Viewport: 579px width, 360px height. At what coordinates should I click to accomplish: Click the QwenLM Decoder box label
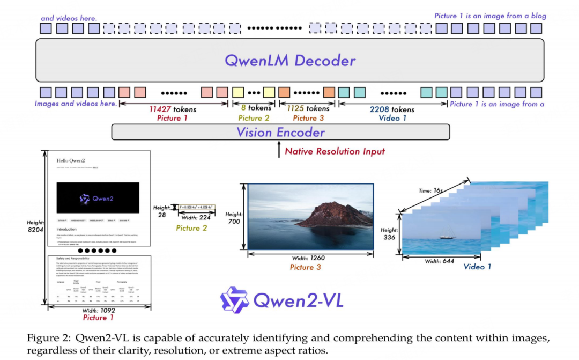[289, 60]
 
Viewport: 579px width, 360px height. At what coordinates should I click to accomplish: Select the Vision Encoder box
[281, 132]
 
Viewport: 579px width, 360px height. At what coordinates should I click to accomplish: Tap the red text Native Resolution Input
[335, 151]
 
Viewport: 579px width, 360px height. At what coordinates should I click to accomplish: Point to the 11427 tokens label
[173, 109]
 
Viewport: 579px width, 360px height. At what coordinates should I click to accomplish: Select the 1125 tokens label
[308, 109]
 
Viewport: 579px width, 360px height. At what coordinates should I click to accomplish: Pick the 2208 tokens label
[391, 109]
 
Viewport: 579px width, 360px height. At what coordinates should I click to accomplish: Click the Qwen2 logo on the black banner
[97, 198]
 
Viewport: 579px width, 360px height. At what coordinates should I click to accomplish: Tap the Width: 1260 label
[309, 258]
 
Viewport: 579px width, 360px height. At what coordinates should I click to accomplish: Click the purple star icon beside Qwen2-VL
[234, 300]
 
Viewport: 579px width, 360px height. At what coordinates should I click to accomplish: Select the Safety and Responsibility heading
[75, 259]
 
